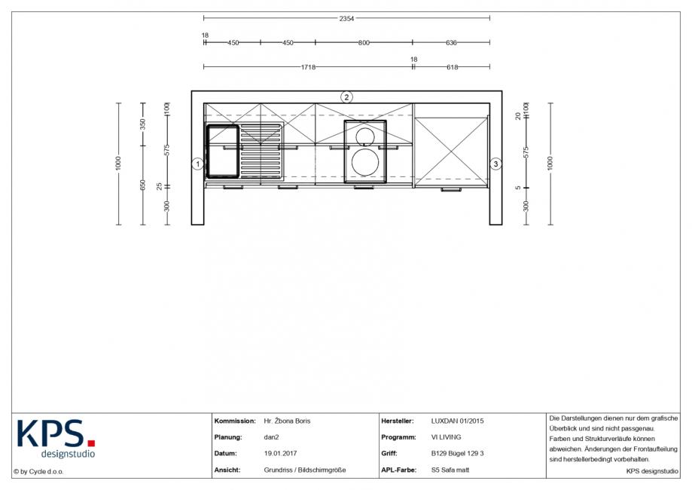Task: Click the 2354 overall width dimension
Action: click(346, 19)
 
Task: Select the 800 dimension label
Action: click(364, 43)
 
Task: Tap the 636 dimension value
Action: click(451, 43)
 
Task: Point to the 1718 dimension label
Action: click(308, 67)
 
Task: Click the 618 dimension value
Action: click(452, 67)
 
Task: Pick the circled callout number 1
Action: click(198, 164)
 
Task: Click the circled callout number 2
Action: click(346, 97)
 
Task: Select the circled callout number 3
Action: click(495, 164)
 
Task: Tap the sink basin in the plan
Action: click(223, 151)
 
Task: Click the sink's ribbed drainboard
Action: click(261, 151)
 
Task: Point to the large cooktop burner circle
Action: click(365, 162)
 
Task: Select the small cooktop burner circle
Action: click(365, 136)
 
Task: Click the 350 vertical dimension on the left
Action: click(142, 124)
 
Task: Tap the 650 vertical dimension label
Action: click(142, 185)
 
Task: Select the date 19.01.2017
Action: click(280, 453)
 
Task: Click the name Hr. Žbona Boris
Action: click(287, 421)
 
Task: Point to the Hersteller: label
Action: click(397, 421)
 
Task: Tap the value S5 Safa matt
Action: click(450, 470)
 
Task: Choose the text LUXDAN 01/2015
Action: click(457, 421)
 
